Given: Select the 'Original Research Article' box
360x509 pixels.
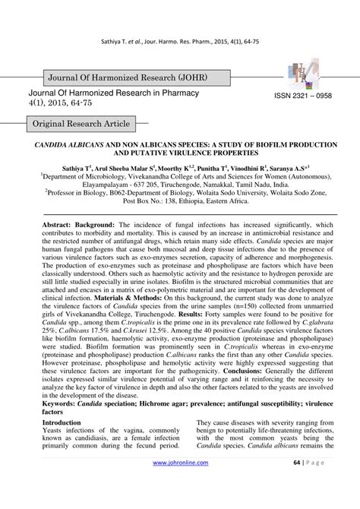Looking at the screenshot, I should click(x=81, y=124).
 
